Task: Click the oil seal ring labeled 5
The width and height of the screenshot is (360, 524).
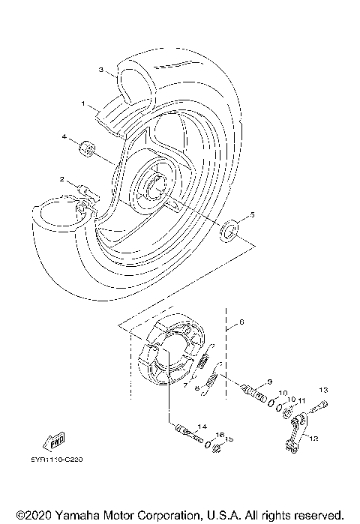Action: coord(229,229)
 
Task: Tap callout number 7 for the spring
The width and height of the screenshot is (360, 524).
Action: coord(185,385)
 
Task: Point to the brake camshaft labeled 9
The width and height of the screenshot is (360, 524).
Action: coord(254,392)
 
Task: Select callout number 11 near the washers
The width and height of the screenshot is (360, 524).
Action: coord(300,401)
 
